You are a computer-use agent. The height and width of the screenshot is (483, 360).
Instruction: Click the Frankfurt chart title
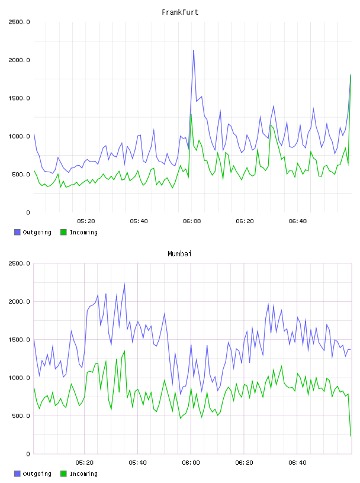tap(180, 12)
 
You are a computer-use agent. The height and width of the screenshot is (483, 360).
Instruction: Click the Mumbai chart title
tap(179, 254)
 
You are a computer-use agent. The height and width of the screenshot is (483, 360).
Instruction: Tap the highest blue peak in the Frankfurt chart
tap(194, 50)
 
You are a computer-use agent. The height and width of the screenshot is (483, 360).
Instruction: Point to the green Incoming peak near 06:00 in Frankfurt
tap(191, 114)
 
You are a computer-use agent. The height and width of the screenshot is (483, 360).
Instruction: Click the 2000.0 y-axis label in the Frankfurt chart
tap(19, 60)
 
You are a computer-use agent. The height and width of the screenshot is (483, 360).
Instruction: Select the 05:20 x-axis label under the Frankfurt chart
tap(86, 221)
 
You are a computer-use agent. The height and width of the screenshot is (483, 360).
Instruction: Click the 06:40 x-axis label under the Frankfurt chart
tap(298, 221)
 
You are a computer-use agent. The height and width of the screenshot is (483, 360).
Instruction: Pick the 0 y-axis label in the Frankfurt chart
tap(28, 212)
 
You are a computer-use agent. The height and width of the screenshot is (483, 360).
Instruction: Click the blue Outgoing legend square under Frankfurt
tap(17, 232)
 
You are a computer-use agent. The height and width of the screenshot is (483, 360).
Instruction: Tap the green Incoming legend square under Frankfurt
tap(63, 232)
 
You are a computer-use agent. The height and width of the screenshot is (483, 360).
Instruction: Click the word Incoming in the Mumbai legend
tap(83, 474)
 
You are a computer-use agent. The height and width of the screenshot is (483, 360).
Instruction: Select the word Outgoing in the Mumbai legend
tap(37, 474)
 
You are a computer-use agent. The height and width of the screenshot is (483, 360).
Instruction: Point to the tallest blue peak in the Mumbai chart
tap(124, 284)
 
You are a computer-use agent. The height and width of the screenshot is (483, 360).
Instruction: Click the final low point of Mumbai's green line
tap(351, 436)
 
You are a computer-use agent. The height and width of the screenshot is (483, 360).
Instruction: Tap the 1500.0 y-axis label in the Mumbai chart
tap(19, 340)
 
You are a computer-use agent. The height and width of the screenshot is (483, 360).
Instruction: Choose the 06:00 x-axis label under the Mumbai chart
tap(191, 463)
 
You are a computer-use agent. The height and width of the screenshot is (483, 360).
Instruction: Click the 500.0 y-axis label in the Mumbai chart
tap(20, 416)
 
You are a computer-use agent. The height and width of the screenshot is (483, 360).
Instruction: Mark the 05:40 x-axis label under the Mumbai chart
tap(138, 463)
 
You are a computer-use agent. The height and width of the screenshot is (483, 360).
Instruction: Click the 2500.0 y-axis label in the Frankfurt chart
tap(19, 22)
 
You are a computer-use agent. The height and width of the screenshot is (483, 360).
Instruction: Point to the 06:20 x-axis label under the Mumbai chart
tap(245, 463)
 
